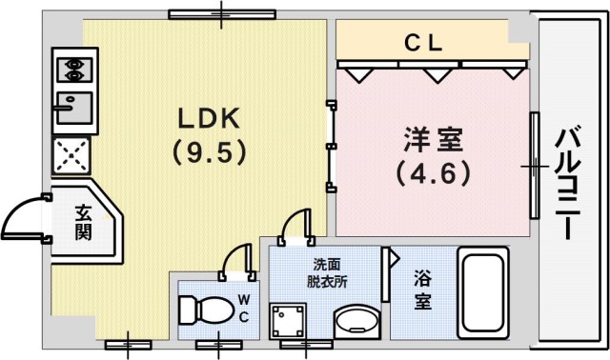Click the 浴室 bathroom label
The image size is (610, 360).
click(423, 290)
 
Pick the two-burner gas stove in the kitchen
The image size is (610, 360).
click(71, 70)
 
